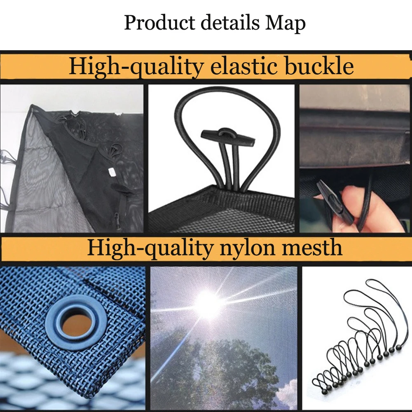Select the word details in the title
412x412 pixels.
click(x=230, y=23)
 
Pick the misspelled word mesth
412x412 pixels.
click(x=312, y=247)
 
